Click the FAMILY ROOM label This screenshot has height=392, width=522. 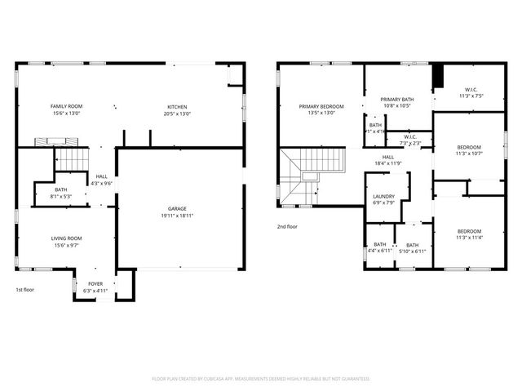click(x=66, y=106)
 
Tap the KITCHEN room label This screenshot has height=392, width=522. click(x=177, y=106)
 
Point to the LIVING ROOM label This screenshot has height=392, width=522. click(x=66, y=238)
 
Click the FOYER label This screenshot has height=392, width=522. click(x=95, y=284)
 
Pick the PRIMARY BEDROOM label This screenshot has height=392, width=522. click(x=321, y=106)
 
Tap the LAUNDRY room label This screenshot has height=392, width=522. click(x=383, y=197)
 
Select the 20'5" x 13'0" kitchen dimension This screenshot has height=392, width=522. click(x=177, y=113)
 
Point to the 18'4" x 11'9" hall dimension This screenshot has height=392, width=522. click(x=388, y=163)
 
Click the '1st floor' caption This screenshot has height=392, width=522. click(x=25, y=290)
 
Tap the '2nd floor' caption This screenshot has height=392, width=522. click(x=286, y=226)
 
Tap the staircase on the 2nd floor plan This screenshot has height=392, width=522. click(x=310, y=171)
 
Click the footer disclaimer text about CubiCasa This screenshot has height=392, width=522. click(x=261, y=379)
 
